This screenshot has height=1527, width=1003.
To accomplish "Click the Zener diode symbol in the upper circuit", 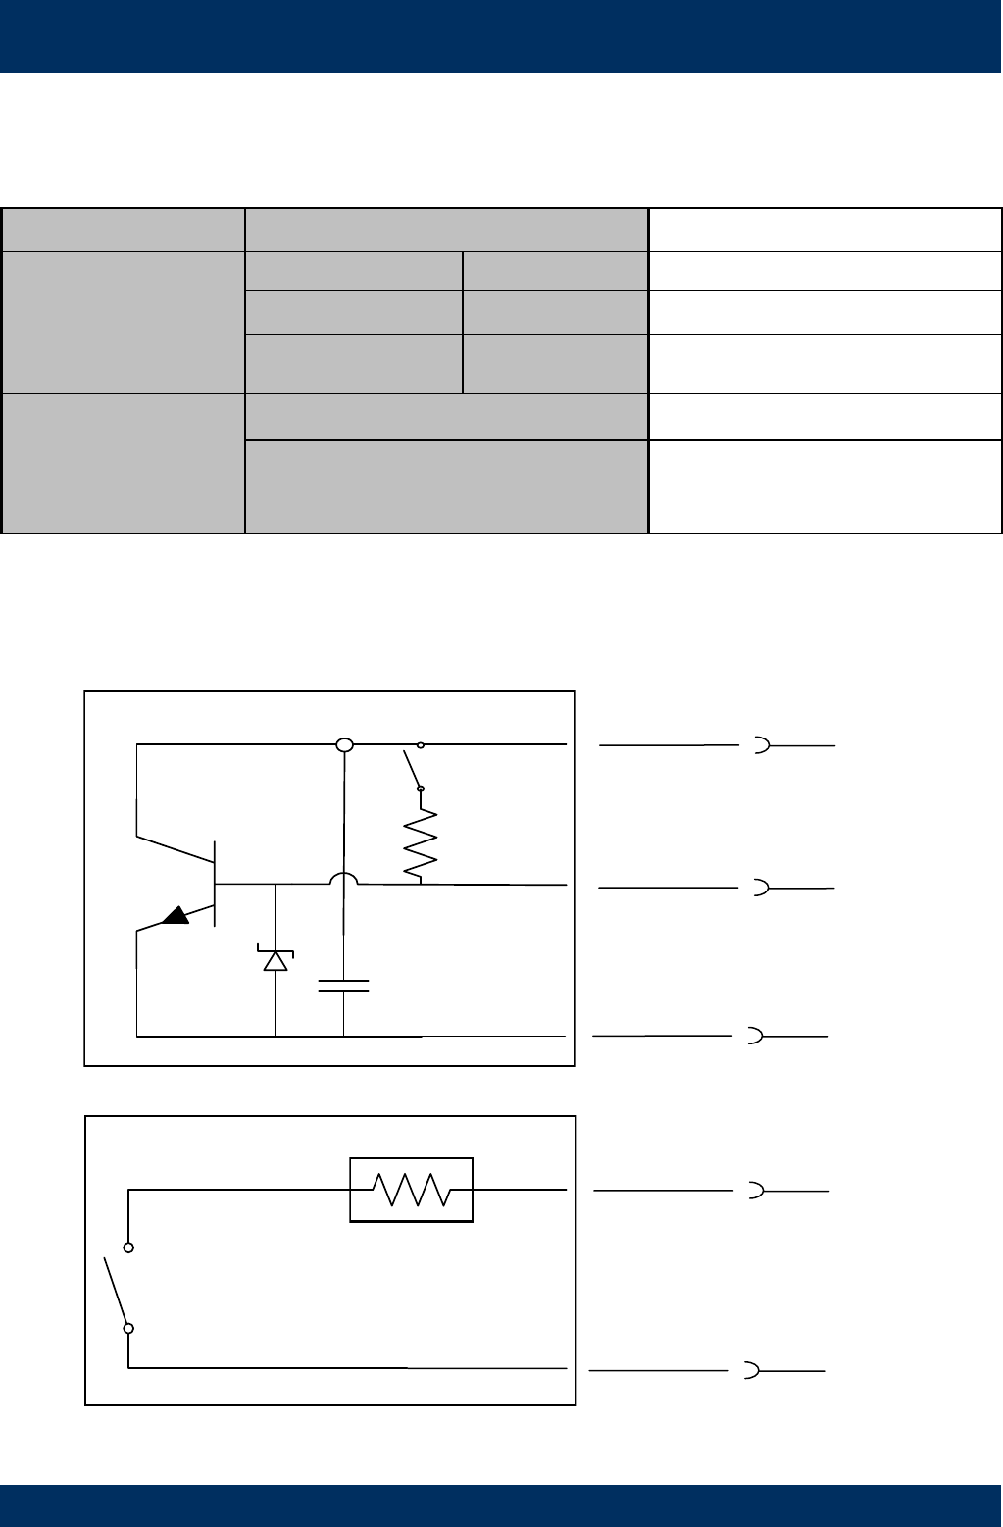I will [x=276, y=960].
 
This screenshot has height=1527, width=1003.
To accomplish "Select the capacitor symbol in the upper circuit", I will [x=344, y=985].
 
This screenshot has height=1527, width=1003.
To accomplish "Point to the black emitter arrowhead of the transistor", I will [x=176, y=915].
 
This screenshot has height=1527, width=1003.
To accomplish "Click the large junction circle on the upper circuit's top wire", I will [x=344, y=745].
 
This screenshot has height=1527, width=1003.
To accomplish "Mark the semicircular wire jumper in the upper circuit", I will [x=344, y=879].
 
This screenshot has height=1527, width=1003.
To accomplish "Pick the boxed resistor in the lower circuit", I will [x=412, y=1190].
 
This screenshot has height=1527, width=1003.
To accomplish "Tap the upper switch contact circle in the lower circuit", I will [x=128, y=1247].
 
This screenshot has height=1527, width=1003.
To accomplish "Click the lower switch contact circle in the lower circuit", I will [x=128, y=1329].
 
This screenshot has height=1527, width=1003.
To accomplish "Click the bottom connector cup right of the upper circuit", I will [x=755, y=1036].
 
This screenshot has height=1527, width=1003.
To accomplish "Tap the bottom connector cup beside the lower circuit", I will [x=752, y=1370].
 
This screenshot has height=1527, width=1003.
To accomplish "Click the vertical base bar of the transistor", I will [x=215, y=884].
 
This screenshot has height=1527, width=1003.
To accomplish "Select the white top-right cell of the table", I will [x=825, y=229].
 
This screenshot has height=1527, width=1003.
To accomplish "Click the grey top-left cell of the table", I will [x=124, y=229].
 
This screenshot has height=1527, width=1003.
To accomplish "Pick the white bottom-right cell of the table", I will [x=825, y=508].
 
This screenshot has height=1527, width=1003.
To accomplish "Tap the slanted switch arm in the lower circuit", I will [x=116, y=1288].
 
